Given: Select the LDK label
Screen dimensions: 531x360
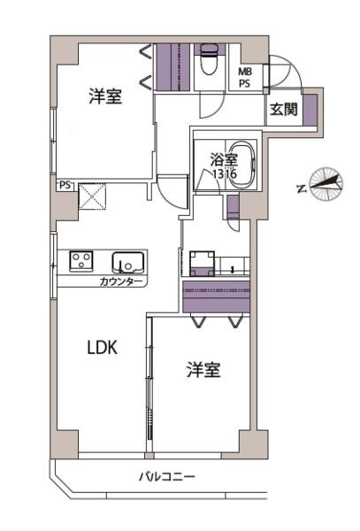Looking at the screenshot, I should (x=103, y=348).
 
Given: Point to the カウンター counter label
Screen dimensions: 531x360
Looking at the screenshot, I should (x=122, y=281).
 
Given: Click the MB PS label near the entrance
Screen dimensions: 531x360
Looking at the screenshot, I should (x=244, y=78).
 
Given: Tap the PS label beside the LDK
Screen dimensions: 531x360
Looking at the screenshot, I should (x=65, y=187).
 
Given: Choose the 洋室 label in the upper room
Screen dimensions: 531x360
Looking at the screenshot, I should (x=104, y=97).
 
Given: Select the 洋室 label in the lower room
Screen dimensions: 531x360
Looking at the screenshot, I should (x=203, y=371).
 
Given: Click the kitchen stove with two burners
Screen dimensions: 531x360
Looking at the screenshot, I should (x=82, y=261).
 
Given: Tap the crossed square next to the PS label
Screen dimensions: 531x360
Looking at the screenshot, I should (x=92, y=196).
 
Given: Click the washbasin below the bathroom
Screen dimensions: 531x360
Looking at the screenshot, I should (x=202, y=262).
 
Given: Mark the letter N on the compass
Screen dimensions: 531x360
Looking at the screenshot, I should (x=302, y=189).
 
